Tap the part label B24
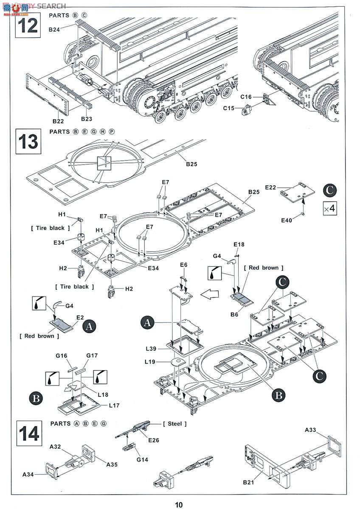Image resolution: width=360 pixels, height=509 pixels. (x=54, y=29)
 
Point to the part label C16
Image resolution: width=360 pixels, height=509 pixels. (x=246, y=97)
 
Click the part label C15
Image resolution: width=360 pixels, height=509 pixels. (x=229, y=108)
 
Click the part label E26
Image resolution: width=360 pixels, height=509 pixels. (x=153, y=440)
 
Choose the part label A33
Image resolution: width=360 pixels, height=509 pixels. (x=311, y=430)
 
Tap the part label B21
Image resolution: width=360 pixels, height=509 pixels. (x=249, y=482)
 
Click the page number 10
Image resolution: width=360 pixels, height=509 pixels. (x=179, y=504)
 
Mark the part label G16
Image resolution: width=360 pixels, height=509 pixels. (x=61, y=355)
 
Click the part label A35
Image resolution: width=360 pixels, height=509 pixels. (x=112, y=464)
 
